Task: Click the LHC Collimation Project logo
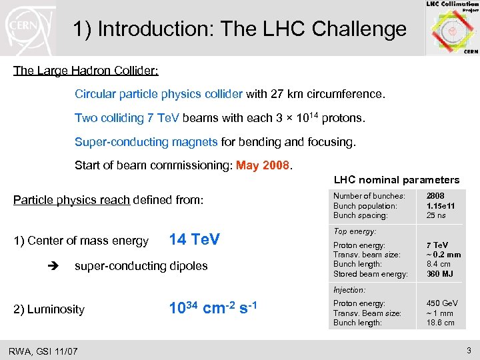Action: [x=451, y=28]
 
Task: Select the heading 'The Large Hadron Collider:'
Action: [x=86, y=70]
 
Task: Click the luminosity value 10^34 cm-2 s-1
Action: [x=213, y=308]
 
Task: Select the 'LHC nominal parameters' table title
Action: [x=396, y=179]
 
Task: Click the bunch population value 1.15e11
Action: [x=441, y=206]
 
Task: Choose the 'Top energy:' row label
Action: [x=355, y=231]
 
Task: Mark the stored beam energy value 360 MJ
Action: [x=439, y=274]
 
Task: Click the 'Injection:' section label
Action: [x=349, y=290]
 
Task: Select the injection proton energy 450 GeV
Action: [x=441, y=304]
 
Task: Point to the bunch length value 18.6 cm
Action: [x=440, y=323]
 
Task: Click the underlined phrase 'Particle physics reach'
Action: [x=71, y=200]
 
